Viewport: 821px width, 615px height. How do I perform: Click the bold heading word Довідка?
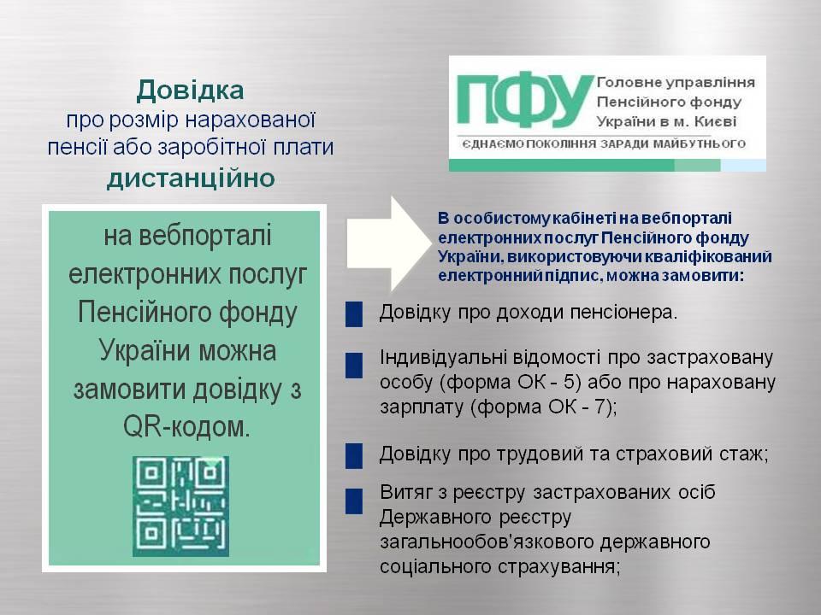(x=190, y=91)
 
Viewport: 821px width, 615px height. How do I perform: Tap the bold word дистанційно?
(x=191, y=179)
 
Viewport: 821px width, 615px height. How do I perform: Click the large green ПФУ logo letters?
(x=525, y=101)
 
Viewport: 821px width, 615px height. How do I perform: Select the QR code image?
(x=180, y=506)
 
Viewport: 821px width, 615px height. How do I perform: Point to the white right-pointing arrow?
(x=388, y=243)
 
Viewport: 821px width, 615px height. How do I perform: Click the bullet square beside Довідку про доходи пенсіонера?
(x=354, y=314)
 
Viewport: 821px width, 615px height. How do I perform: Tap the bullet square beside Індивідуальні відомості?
(x=354, y=365)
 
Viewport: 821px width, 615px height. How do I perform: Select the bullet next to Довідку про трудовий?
(x=354, y=455)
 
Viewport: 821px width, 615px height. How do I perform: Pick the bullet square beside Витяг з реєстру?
(x=354, y=501)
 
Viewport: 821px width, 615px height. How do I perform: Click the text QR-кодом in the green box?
(x=187, y=427)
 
